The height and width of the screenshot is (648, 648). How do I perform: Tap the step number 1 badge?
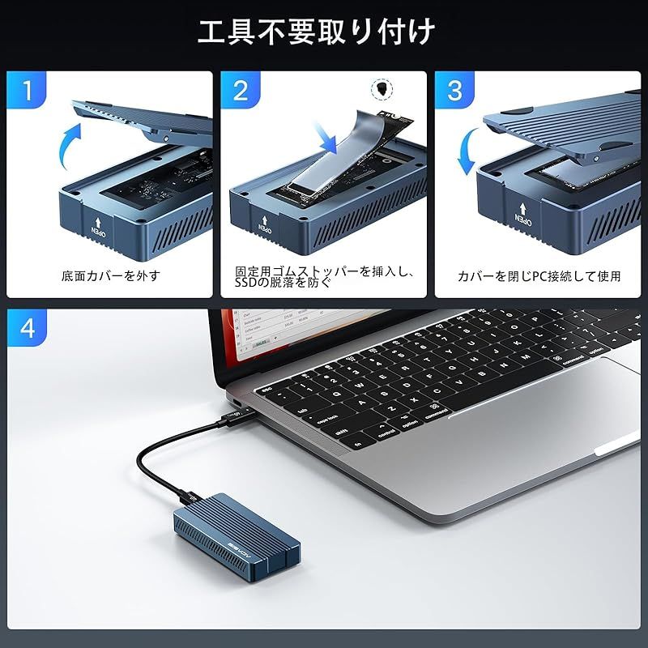(28, 91)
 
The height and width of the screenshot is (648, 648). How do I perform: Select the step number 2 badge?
(241, 91)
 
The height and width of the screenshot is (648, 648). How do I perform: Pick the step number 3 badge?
(455, 91)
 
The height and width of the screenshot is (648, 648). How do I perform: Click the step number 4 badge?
(28, 329)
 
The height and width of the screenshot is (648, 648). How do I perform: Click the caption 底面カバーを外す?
(110, 275)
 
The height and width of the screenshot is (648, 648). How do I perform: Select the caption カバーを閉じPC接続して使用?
(539, 275)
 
